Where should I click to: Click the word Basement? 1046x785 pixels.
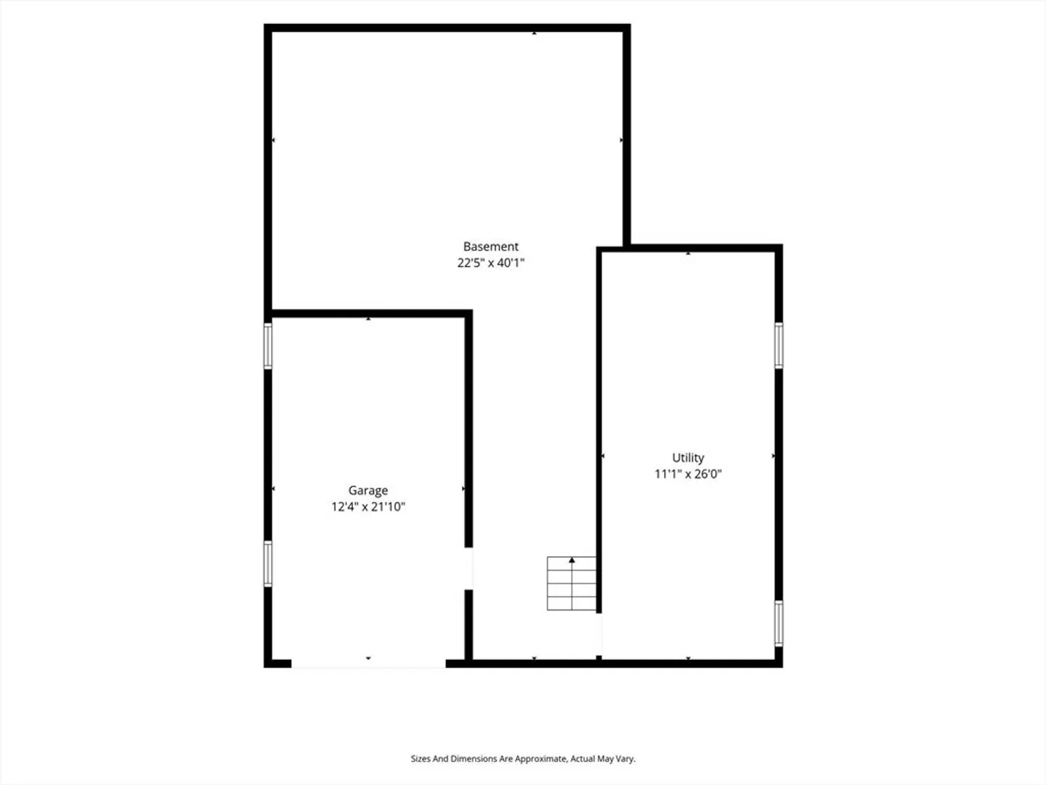click(x=490, y=246)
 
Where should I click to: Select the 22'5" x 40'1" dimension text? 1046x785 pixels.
click(x=490, y=262)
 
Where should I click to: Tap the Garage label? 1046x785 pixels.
click(x=368, y=491)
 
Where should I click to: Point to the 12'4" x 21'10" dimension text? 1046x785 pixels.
click(x=368, y=507)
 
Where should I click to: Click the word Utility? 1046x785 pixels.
click(x=688, y=458)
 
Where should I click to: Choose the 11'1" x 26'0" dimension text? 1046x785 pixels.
click(x=688, y=474)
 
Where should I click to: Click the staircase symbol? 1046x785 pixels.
click(x=572, y=583)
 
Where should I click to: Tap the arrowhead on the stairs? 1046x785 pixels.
click(x=572, y=560)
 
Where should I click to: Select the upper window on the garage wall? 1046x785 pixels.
click(x=268, y=346)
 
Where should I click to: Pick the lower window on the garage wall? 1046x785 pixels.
click(x=268, y=564)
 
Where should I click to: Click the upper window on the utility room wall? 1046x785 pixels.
click(x=778, y=345)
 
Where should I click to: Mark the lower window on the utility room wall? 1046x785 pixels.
click(x=778, y=624)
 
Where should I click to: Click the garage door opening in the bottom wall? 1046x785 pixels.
click(x=368, y=664)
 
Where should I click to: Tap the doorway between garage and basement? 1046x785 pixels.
click(x=469, y=568)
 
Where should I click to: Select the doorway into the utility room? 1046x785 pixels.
click(x=599, y=635)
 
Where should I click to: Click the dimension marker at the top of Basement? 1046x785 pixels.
click(x=534, y=33)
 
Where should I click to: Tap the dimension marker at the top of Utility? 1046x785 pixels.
click(x=688, y=254)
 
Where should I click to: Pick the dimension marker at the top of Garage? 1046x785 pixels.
click(x=368, y=318)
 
